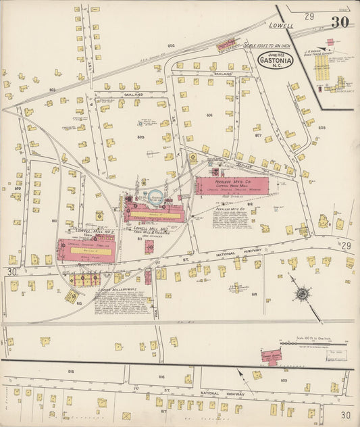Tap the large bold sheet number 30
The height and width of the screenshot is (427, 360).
pyautogui.click(x=340, y=22)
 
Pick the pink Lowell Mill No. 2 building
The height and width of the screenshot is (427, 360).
pyautogui.click(x=86, y=249)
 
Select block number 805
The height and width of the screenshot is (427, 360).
pyautogui.click(x=140, y=137)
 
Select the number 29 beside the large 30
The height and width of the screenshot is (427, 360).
pyautogui.click(x=309, y=16)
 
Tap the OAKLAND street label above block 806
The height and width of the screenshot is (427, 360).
pyautogui.click(x=223, y=72)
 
